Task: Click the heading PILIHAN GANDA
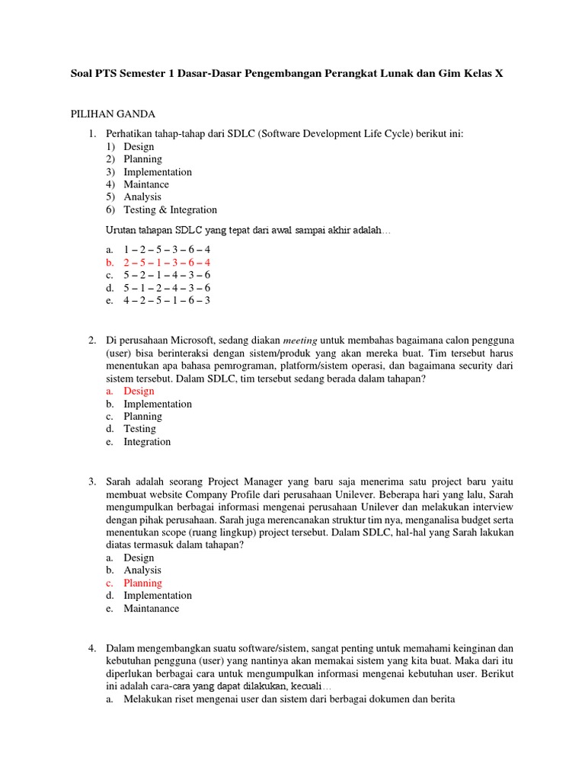click(112, 114)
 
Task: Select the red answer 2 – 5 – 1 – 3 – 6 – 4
click(167, 262)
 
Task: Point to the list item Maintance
click(146, 184)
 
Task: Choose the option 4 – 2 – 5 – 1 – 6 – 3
click(167, 300)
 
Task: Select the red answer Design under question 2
click(139, 391)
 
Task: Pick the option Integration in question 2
click(147, 442)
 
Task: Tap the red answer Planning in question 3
click(142, 583)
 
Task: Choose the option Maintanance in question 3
click(152, 609)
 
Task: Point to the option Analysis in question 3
click(142, 570)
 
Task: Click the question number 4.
click(91, 647)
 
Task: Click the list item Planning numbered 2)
click(142, 159)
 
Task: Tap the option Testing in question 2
click(139, 429)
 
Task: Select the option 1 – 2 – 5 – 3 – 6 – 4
click(167, 249)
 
